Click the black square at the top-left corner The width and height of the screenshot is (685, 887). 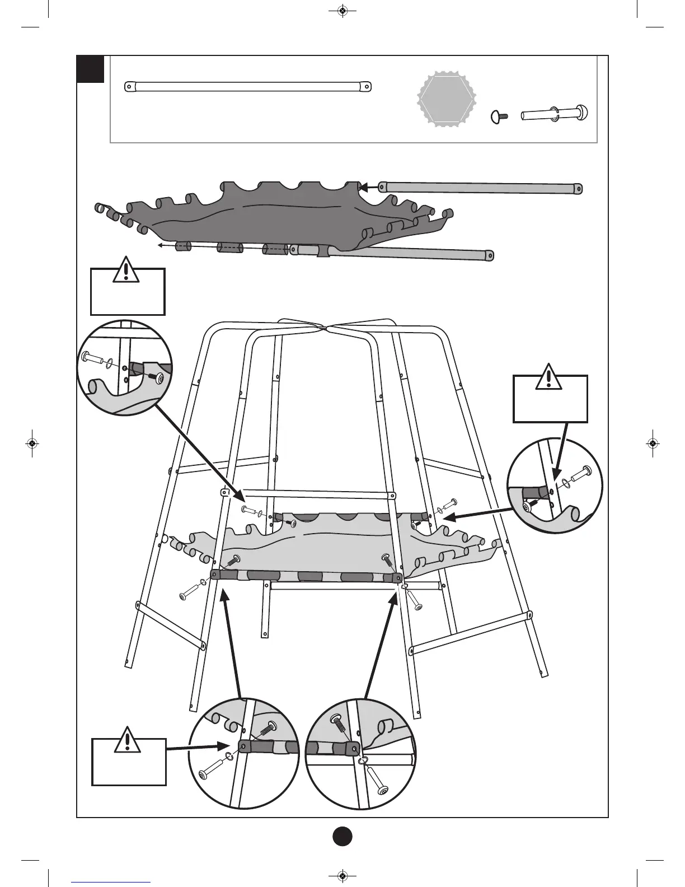coord(91,69)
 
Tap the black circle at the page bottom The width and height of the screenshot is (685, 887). coord(342,837)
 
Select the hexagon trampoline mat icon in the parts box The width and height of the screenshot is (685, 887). coord(447,100)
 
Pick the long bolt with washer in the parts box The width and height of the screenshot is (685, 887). coord(556,114)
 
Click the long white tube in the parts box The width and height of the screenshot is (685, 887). coord(248,86)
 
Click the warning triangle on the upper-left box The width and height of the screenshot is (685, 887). coord(128,270)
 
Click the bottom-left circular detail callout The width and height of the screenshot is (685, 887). coord(242,753)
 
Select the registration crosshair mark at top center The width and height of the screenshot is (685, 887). coord(342,10)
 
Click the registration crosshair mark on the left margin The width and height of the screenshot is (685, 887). coord(32,443)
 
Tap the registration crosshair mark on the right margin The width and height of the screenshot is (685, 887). coord(653,443)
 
